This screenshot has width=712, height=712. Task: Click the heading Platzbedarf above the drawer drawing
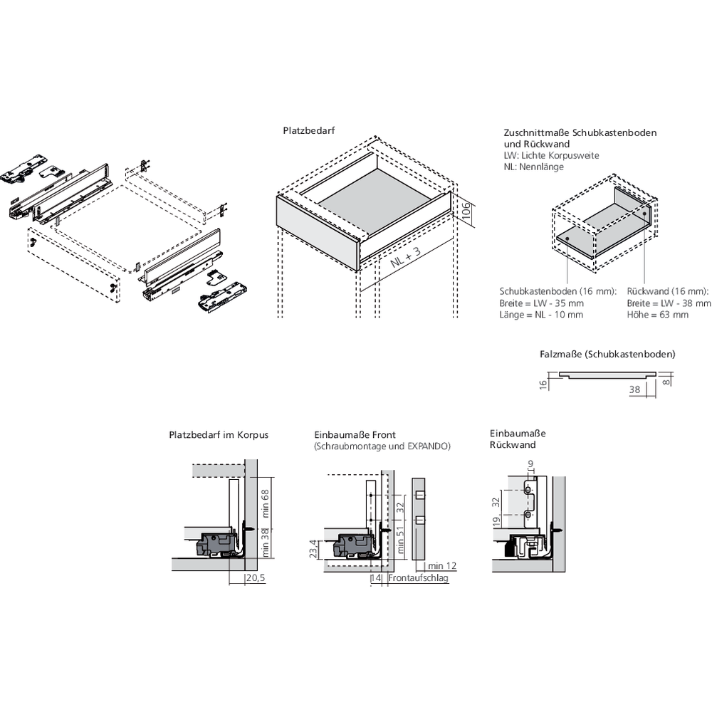pos(308,131)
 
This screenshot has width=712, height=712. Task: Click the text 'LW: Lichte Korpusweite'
pos(550,155)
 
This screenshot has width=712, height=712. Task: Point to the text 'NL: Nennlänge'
pos(533,167)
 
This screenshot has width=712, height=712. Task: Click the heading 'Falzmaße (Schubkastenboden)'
pos(607,353)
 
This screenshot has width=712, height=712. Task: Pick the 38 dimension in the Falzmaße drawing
pos(634,389)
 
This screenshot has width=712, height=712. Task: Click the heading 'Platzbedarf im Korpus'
pos(219,434)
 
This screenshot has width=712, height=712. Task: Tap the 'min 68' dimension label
pos(266,503)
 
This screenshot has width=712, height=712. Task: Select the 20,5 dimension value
pos(254,578)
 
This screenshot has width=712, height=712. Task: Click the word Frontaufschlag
pos(419,579)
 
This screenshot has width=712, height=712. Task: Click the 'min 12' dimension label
pos(441,565)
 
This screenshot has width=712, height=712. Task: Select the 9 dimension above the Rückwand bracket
pos(530,465)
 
